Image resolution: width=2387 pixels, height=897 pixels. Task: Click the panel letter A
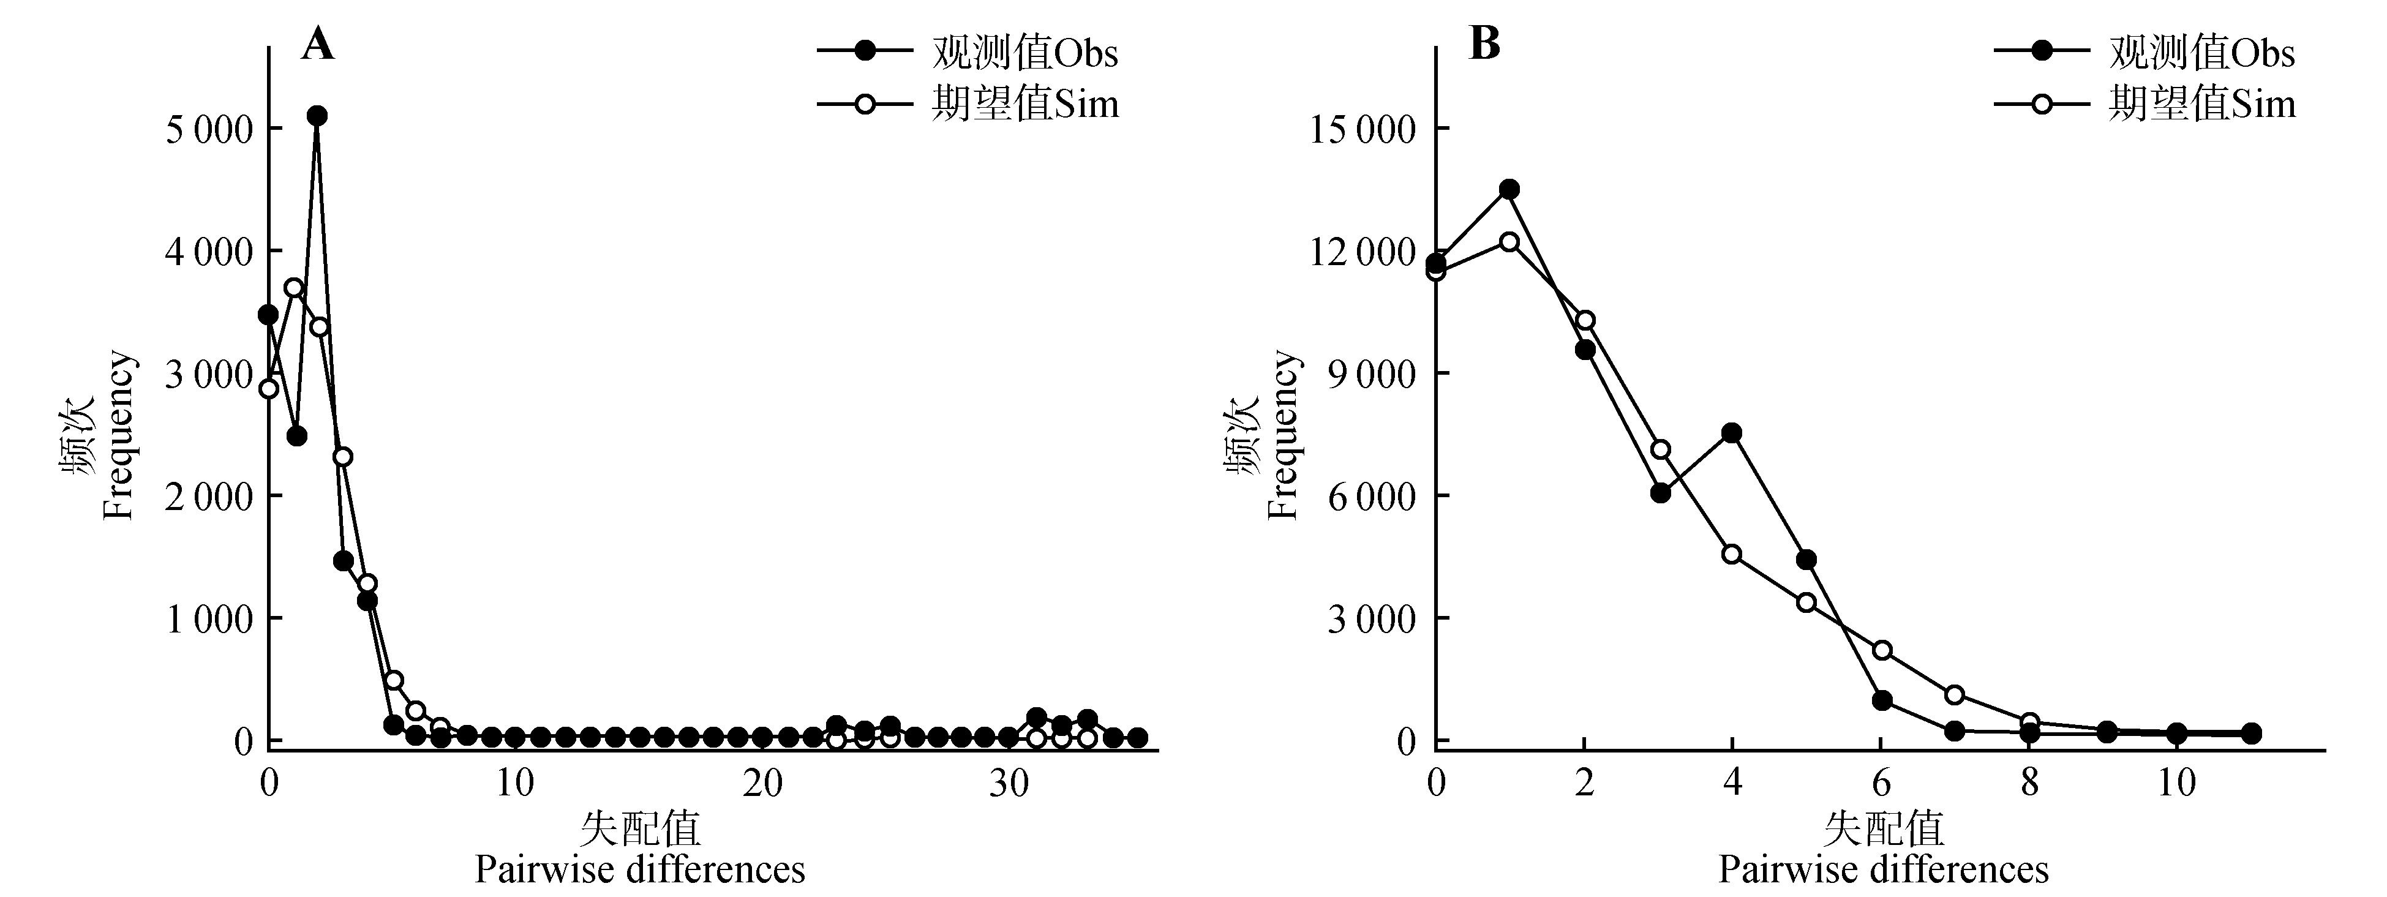click(317, 43)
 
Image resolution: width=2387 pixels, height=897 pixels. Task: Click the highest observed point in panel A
click(317, 116)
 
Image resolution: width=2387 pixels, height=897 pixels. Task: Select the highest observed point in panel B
click(1509, 189)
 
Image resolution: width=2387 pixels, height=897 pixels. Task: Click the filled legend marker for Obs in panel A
click(865, 52)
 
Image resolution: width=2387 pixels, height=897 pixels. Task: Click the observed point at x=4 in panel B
click(1732, 433)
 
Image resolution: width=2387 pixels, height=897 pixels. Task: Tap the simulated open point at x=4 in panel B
click(1732, 554)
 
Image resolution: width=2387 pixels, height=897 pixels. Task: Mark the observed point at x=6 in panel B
click(1881, 700)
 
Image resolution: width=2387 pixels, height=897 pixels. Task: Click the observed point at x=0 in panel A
click(269, 315)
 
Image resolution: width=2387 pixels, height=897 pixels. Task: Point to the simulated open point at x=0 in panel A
click(269, 388)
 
